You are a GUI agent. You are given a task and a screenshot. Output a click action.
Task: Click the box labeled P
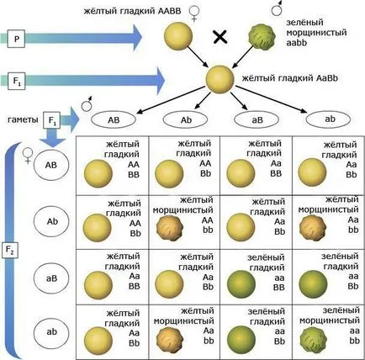coord(17,39)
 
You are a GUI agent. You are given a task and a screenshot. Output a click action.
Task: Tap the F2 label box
coord(10,250)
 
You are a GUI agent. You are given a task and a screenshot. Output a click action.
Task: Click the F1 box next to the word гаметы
coord(52,120)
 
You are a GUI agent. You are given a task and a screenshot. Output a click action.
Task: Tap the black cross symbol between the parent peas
coord(220,37)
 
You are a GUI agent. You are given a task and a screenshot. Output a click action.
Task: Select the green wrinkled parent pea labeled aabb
coord(261,37)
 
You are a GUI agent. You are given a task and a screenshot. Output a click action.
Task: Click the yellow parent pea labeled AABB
coord(178,36)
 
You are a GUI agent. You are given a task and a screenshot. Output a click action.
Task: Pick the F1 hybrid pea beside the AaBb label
coord(220,79)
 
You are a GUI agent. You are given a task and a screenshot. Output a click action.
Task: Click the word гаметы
coord(23,119)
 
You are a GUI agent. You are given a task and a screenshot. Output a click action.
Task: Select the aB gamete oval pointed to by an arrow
coord(257,119)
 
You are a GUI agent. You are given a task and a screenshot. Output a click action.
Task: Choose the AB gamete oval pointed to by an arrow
coord(114,119)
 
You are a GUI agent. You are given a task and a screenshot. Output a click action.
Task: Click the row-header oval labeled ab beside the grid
coord(51,332)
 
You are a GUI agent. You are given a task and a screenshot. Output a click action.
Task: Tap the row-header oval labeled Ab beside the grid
coord(51,221)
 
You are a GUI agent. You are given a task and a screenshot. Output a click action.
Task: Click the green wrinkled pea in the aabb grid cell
coord(313,340)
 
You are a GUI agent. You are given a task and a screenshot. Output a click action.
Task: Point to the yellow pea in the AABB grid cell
coord(98,173)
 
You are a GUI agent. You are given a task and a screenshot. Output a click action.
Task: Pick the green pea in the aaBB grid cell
coord(241,284)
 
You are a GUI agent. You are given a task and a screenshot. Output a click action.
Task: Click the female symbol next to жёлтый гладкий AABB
coord(194,14)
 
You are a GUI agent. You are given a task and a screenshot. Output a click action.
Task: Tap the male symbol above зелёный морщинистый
coord(277,8)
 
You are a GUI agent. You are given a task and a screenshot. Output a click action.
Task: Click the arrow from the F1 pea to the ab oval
coord(271,99)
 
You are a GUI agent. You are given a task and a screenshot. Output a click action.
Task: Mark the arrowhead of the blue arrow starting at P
coord(138,37)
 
